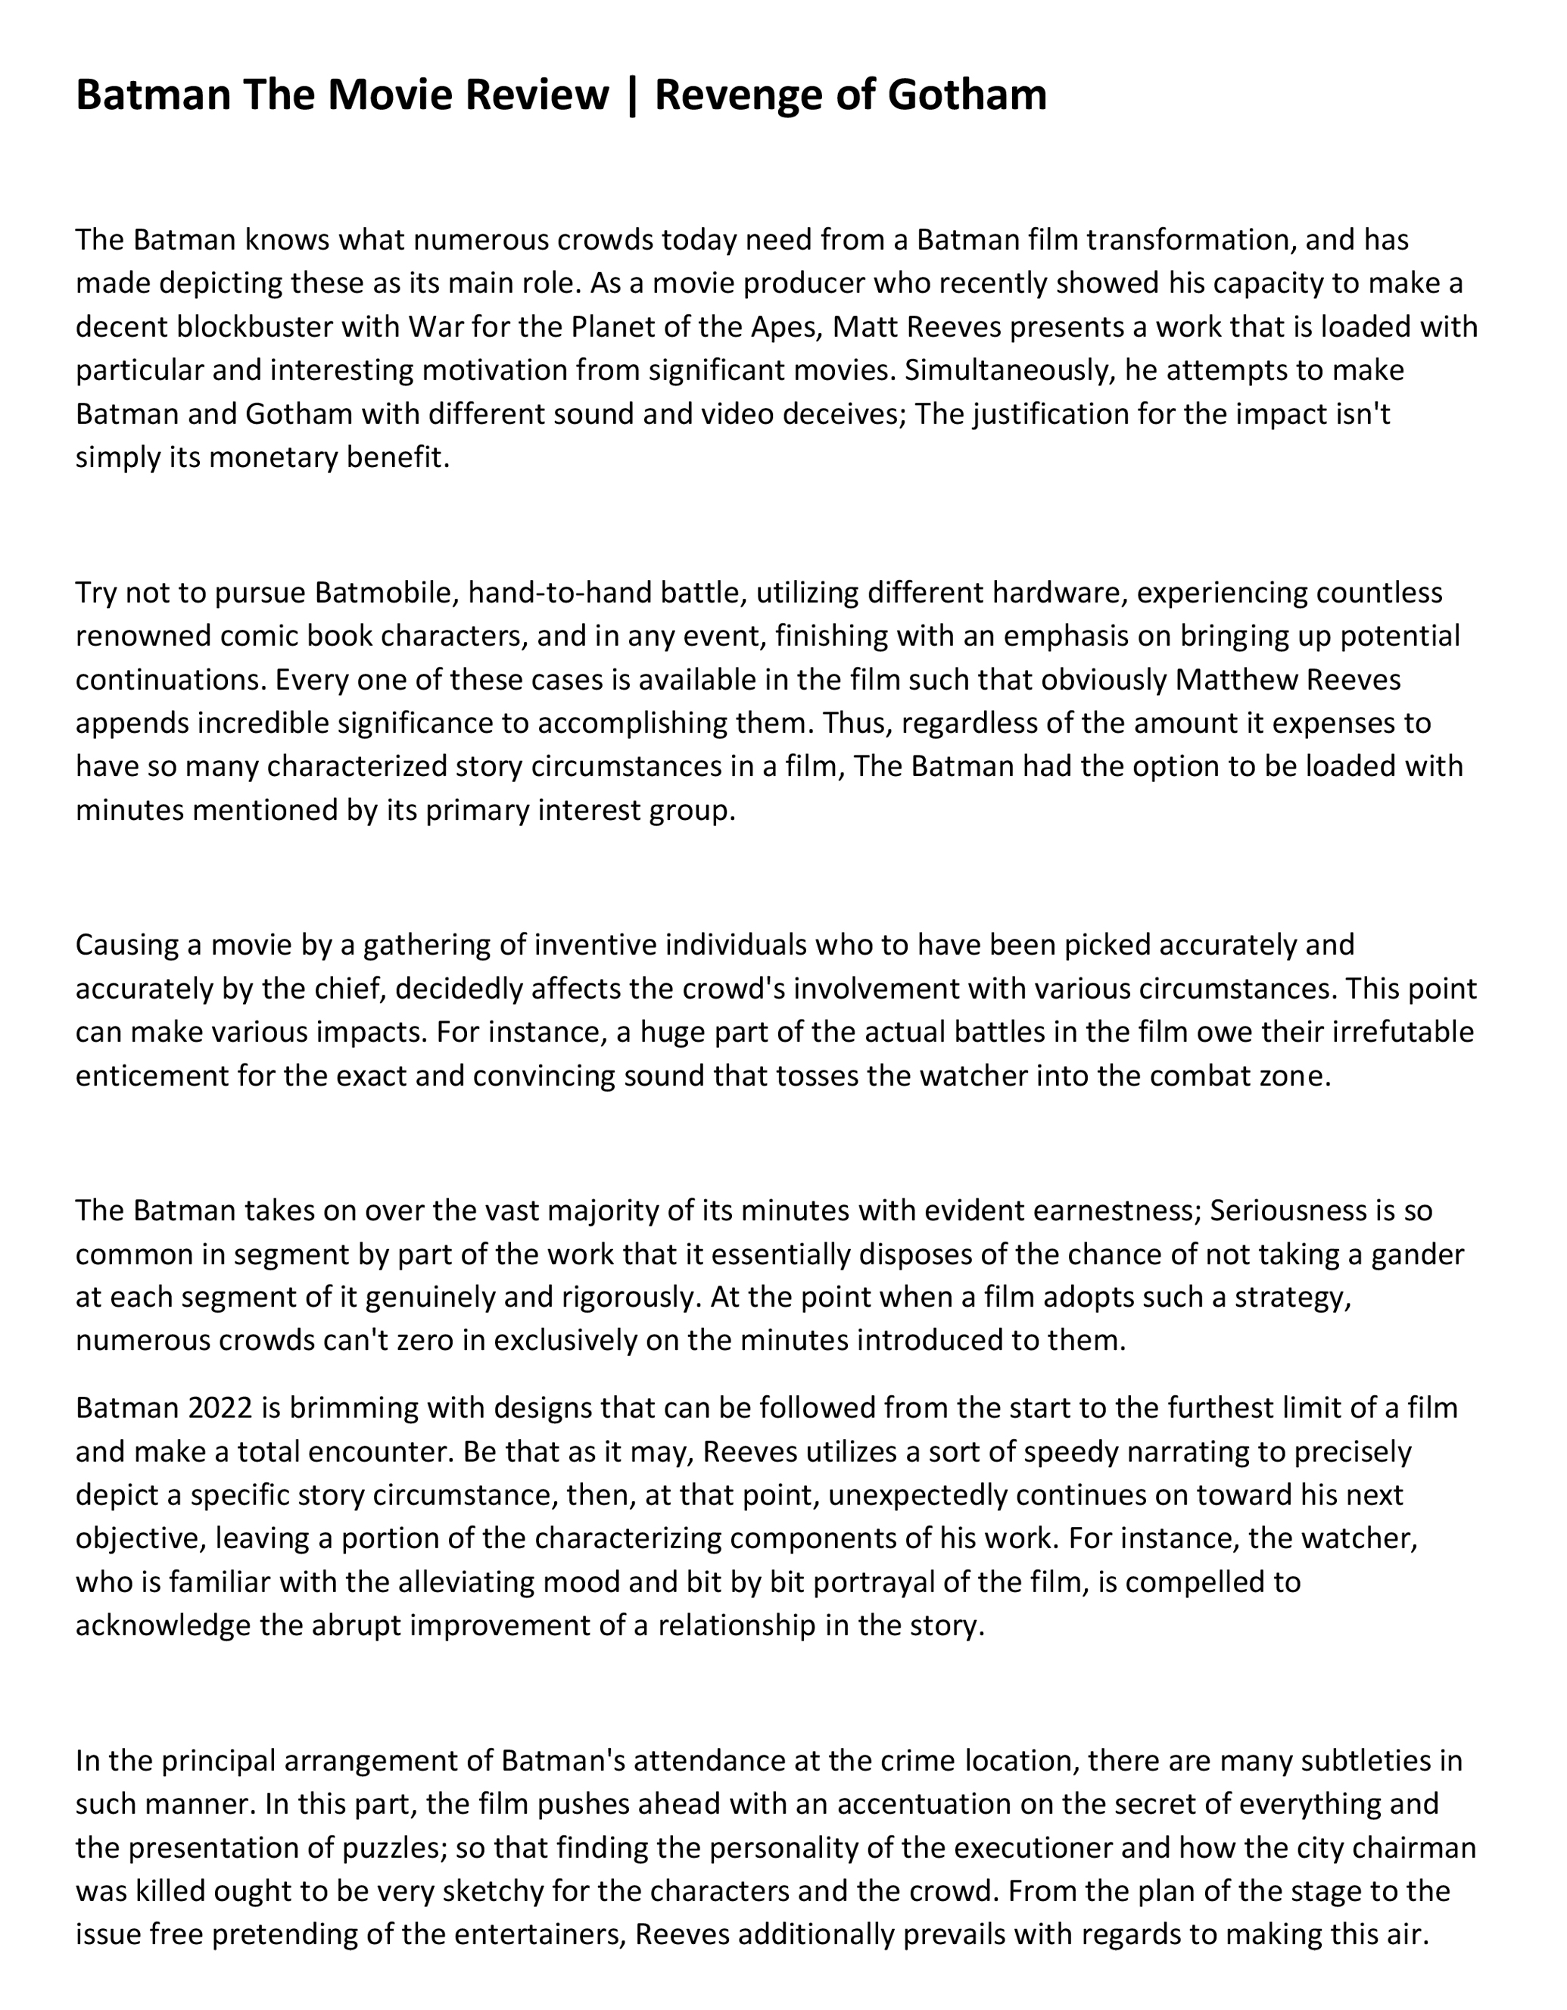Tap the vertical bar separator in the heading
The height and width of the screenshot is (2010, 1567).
[631, 95]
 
